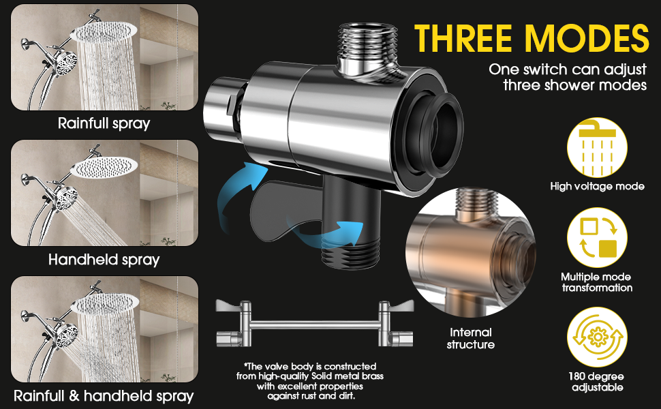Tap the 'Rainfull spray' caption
point(104,124)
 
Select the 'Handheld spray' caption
point(104,260)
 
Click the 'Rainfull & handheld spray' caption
point(104,395)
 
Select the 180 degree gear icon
point(597,337)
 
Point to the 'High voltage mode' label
point(597,186)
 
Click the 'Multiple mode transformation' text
point(597,282)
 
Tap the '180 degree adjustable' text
point(597,382)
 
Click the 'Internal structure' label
point(470,338)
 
